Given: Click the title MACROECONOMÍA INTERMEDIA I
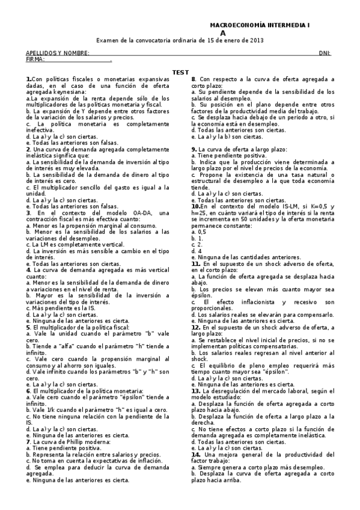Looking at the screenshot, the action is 259,25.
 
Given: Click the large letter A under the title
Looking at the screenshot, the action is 223,33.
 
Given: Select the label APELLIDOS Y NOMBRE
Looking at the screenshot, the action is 57,53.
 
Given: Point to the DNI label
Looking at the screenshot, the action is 325,53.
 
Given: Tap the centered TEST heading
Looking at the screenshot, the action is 180,72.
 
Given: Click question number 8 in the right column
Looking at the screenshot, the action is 194,79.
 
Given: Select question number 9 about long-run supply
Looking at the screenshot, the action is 194,149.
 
